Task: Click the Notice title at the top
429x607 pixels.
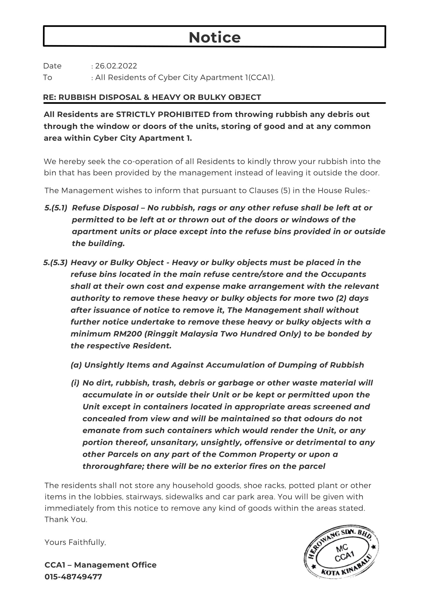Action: tap(215, 37)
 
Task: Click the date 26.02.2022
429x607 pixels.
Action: tap(116, 66)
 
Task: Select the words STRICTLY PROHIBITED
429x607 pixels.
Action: tap(163, 114)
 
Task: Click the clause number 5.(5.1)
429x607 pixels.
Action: tap(56, 208)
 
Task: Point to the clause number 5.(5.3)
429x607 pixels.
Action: tap(55, 263)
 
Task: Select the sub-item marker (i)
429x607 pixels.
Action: tap(75, 383)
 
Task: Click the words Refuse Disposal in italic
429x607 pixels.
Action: tap(105, 208)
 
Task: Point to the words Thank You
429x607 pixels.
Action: tap(66, 520)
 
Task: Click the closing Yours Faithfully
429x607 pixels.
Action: tap(75, 542)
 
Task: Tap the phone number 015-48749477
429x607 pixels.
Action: tap(73, 577)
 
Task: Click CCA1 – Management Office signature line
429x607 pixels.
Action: tap(100, 565)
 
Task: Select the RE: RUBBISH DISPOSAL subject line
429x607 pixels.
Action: tap(152, 97)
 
